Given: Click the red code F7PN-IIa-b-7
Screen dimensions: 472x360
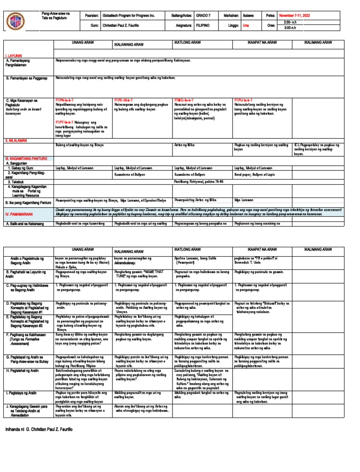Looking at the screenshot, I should tap(65, 100).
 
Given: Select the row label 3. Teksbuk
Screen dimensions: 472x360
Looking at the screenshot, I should tap(18, 181).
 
